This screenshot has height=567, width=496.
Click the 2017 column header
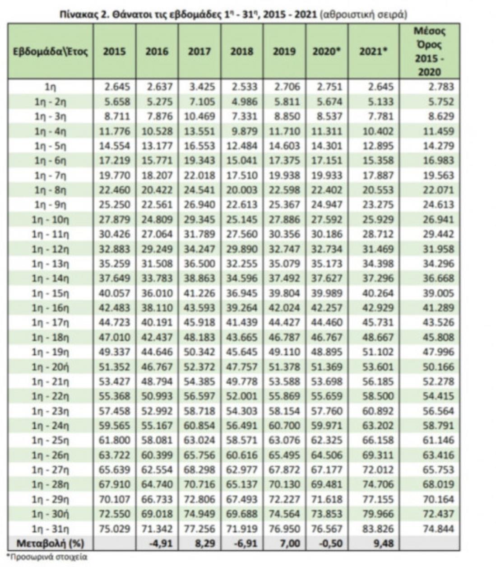pos(199,51)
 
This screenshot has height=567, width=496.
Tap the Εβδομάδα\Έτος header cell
pos(49,51)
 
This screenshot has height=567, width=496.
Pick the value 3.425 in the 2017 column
pos(199,87)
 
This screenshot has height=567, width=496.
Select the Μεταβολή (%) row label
pos(50,544)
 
